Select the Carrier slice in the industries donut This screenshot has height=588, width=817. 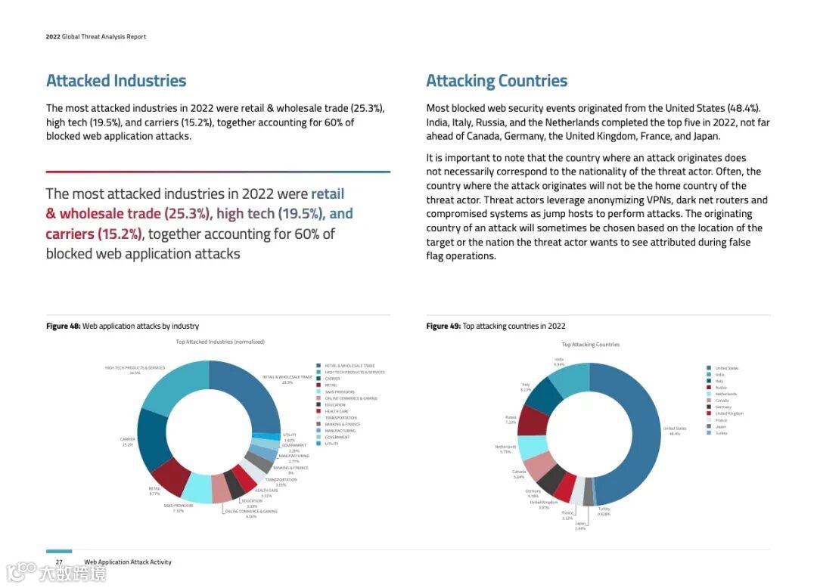pyautogui.click(x=151, y=438)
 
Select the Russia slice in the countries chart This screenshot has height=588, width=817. pyautogui.click(x=533, y=419)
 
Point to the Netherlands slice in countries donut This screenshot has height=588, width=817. pyautogui.click(x=534, y=447)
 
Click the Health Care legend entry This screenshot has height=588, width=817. pyautogui.click(x=337, y=411)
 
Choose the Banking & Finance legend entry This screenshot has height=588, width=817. pyautogui.click(x=342, y=424)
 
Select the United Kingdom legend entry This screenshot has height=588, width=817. pyautogui.click(x=728, y=413)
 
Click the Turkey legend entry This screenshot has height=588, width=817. pyautogui.click(x=720, y=433)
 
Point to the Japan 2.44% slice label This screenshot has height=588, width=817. pyautogui.click(x=580, y=525)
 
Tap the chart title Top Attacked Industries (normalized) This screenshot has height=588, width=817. pyautogui.click(x=220, y=342)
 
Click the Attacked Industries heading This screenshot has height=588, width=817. pyautogui.click(x=116, y=81)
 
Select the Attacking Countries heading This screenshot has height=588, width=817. pyautogui.click(x=496, y=81)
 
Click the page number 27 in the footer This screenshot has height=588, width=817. pyautogui.click(x=59, y=562)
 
